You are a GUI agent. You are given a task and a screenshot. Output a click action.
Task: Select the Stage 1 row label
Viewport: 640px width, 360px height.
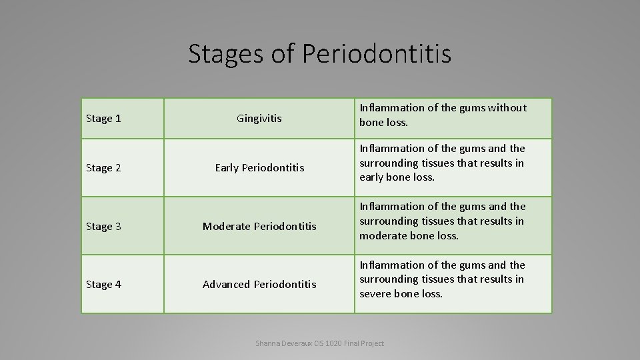tap(103, 119)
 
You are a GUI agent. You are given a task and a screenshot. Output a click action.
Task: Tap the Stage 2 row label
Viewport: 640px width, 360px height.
tap(103, 168)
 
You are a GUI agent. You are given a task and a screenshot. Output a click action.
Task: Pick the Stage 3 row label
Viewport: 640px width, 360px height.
tap(103, 227)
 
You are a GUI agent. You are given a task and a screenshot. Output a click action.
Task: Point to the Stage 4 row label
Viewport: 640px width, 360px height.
tap(103, 285)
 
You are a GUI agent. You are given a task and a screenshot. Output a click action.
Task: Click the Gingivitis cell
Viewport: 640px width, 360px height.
tap(259, 119)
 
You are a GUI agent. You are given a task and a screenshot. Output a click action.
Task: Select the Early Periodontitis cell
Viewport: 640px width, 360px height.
tap(259, 168)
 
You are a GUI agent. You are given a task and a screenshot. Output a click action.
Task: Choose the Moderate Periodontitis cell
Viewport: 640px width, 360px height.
tap(259, 227)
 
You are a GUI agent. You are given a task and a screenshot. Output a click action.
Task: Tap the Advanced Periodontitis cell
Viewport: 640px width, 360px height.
tap(259, 285)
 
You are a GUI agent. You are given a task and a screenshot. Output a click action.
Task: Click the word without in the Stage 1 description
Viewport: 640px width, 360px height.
tap(507, 107)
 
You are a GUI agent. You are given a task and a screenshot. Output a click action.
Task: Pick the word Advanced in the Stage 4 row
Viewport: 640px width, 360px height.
tap(226, 285)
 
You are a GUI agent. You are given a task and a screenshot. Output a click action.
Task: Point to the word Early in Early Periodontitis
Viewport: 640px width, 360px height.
tap(227, 168)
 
